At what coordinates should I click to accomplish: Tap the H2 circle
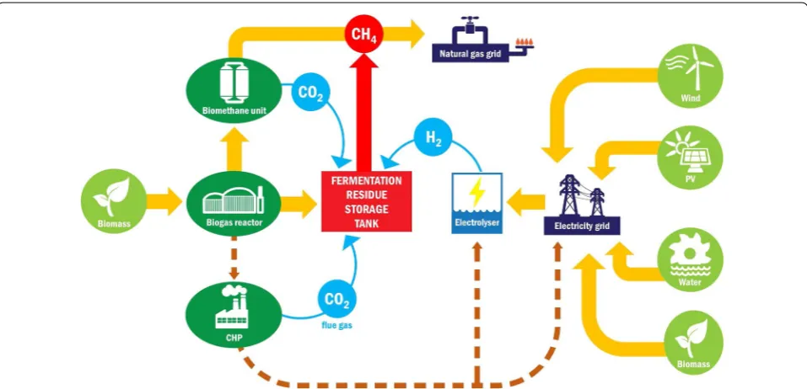(433, 138)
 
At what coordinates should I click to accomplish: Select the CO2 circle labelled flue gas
(337, 299)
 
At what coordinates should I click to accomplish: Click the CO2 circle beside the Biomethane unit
(310, 93)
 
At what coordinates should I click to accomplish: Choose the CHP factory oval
(234, 315)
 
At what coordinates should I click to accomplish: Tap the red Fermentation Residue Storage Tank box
(367, 201)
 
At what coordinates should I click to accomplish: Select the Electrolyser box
(477, 204)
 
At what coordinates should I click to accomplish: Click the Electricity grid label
(582, 226)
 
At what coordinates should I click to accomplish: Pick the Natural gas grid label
(471, 52)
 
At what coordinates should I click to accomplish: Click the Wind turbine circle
(690, 76)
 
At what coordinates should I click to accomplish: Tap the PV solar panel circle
(690, 157)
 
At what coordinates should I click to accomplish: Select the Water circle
(690, 259)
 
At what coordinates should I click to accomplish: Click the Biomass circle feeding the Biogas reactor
(114, 201)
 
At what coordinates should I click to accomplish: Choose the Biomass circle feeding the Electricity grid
(693, 342)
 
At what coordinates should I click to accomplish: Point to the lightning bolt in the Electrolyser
(477, 192)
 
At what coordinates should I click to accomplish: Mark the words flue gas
(337, 325)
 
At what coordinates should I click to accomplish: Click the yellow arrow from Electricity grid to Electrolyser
(525, 202)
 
